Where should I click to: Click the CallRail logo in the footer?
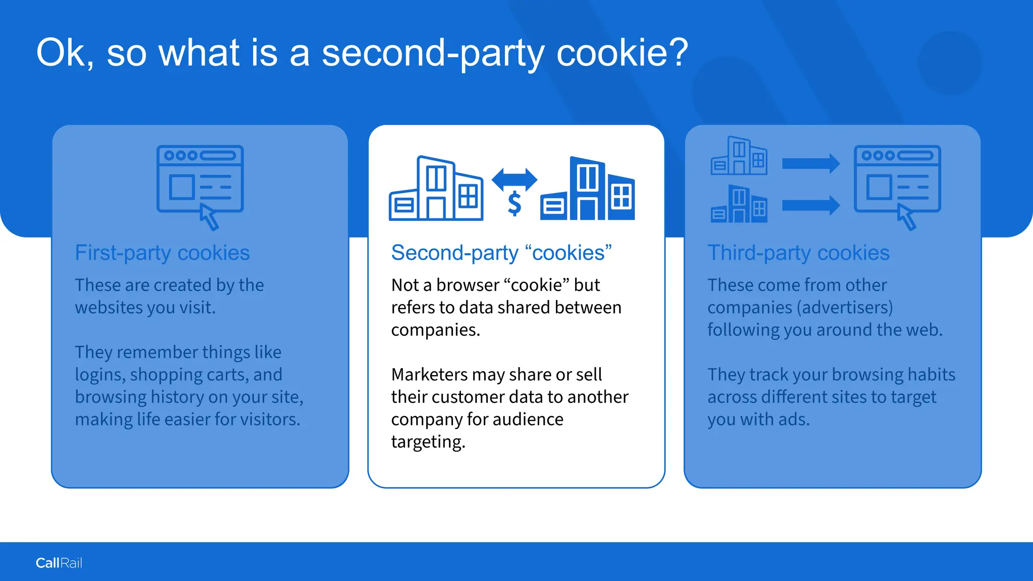click(59, 563)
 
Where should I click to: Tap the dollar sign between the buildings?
click(514, 204)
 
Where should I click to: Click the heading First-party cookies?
click(162, 253)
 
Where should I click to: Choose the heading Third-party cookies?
click(798, 253)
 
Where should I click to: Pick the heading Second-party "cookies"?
click(501, 253)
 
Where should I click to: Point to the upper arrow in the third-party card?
click(811, 163)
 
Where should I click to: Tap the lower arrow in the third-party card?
click(811, 205)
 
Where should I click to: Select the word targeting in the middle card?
click(428, 442)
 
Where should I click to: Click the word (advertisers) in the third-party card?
click(847, 308)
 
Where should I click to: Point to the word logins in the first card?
click(99, 375)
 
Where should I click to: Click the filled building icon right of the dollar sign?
click(588, 189)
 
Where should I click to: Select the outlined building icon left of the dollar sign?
click(435, 189)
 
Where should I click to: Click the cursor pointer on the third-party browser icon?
click(906, 217)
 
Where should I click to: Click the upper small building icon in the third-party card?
click(739, 156)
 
